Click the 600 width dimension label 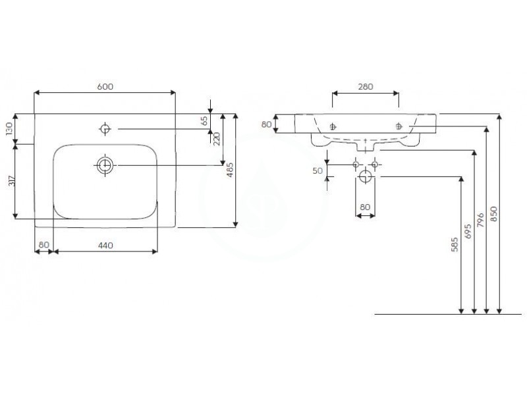[x=105, y=86]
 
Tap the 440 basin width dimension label [x=105, y=246]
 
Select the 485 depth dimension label [x=229, y=170]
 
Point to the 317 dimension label [x=11, y=182]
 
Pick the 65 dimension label [x=204, y=120]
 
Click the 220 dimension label [x=216, y=139]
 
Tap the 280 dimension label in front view [x=366, y=87]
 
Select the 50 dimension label [x=318, y=171]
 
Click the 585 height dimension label [x=455, y=244]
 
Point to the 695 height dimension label [x=468, y=231]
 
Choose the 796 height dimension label [x=481, y=220]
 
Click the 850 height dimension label [x=493, y=214]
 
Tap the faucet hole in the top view [x=105, y=128]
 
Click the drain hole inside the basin [x=105, y=165]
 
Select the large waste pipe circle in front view [x=366, y=176]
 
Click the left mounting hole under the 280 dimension [x=333, y=126]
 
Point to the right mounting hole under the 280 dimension [x=399, y=126]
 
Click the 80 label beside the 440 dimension [x=43, y=245]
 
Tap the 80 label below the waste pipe [x=365, y=207]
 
